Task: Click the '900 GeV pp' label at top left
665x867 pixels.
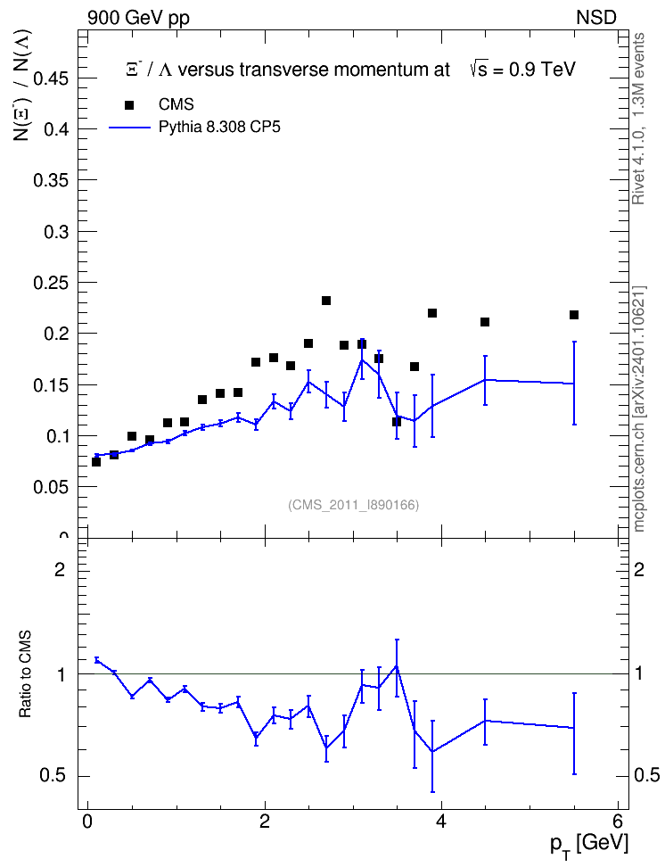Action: tap(138, 18)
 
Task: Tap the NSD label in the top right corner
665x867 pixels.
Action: tap(595, 18)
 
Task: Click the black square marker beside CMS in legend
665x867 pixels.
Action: tap(129, 104)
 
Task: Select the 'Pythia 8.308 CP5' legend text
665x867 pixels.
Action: tap(219, 128)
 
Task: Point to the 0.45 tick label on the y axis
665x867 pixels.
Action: tap(51, 78)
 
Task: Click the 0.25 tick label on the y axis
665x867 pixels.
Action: tap(51, 283)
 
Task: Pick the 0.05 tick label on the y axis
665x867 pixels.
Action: tap(51, 487)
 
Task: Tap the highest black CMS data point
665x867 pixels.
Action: tap(326, 301)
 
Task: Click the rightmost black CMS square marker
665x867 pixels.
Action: tap(574, 315)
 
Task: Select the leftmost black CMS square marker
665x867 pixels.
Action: tap(96, 462)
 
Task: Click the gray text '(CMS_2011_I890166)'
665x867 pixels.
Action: tap(354, 505)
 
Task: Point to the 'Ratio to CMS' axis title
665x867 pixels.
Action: tap(25, 674)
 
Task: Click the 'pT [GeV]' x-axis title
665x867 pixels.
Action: tap(589, 846)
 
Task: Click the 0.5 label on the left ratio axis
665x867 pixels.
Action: tap(53, 776)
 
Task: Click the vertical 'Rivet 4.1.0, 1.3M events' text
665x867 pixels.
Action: tap(639, 119)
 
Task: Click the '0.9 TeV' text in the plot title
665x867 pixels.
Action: tap(542, 70)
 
